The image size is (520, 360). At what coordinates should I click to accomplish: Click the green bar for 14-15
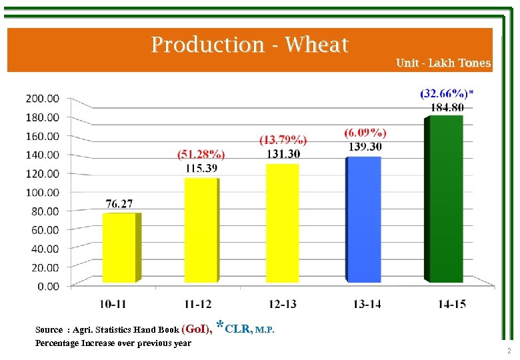click(x=446, y=199)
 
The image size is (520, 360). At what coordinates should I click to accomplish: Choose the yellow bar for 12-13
click(x=283, y=223)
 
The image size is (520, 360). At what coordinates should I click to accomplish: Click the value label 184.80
click(x=447, y=107)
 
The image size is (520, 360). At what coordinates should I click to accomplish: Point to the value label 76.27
click(x=119, y=203)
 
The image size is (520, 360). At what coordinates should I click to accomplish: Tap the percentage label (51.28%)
click(x=201, y=155)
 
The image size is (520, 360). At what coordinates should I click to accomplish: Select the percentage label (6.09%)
click(x=365, y=133)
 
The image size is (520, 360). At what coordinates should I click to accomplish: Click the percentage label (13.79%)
click(x=283, y=140)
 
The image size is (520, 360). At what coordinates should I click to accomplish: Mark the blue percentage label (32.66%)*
click(x=447, y=93)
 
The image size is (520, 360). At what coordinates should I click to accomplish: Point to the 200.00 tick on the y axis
click(x=43, y=98)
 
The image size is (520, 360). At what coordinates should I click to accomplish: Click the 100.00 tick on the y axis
click(x=43, y=192)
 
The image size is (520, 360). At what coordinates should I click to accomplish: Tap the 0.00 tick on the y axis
click(x=47, y=286)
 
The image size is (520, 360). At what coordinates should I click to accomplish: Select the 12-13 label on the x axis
click(x=283, y=305)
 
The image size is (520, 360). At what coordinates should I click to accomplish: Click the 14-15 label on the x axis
click(x=451, y=305)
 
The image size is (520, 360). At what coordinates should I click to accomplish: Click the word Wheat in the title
click(x=316, y=45)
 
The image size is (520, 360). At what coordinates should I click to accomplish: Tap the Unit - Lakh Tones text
click(x=443, y=63)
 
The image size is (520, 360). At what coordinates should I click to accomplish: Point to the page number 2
click(x=508, y=351)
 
